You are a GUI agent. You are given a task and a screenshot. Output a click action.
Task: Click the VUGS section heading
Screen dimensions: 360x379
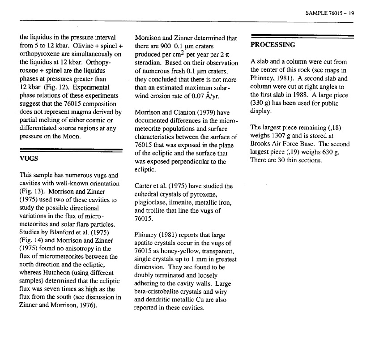(x=29, y=159)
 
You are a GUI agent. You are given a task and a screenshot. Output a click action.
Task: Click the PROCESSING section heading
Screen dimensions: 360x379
(x=273, y=45)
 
